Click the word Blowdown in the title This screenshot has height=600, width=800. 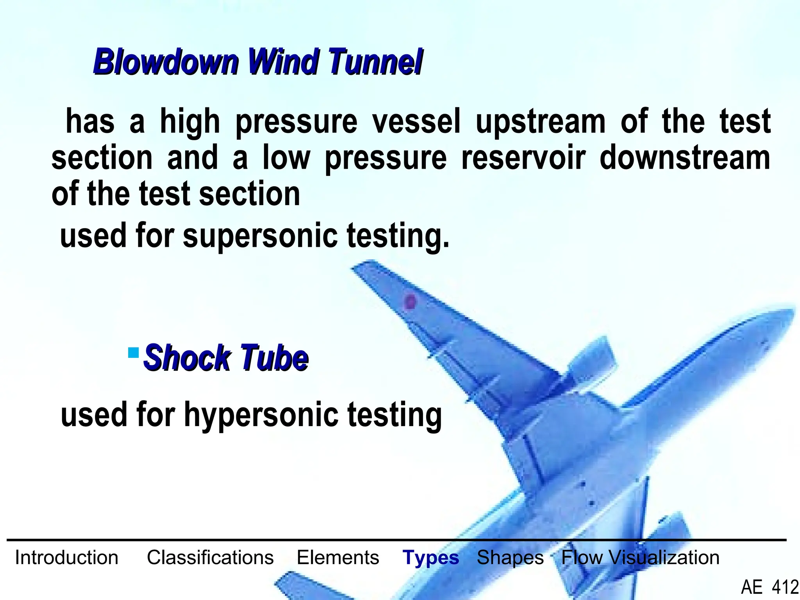(166, 62)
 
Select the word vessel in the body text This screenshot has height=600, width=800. (416, 121)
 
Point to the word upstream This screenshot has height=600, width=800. (541, 122)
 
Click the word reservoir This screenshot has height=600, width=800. (523, 158)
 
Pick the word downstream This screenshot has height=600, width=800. (685, 158)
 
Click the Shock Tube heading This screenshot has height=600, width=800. (226, 357)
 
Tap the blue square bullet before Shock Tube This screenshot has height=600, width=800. (134, 353)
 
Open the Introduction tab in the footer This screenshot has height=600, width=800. (66, 557)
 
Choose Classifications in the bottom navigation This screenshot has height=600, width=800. (210, 557)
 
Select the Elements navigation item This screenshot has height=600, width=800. (338, 557)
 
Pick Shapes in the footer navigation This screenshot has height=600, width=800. (510, 557)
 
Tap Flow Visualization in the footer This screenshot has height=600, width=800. (640, 557)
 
